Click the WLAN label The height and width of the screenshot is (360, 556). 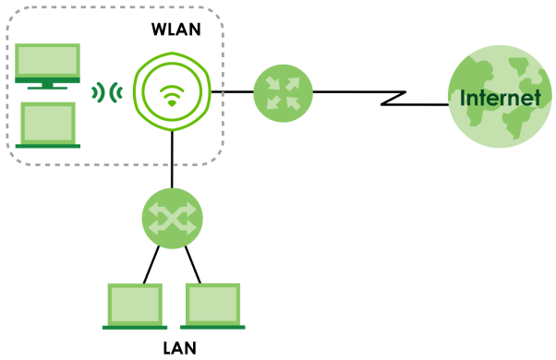[x=176, y=30]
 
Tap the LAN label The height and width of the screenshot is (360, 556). [x=179, y=348]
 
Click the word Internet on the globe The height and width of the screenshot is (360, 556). [x=501, y=98]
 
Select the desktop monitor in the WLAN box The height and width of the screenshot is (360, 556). [x=47, y=66]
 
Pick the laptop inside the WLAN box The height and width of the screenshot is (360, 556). [x=48, y=126]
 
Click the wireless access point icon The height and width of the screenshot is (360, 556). [x=172, y=91]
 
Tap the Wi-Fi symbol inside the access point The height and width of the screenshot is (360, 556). [x=172, y=96]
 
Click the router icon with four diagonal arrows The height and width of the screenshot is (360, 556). [x=283, y=93]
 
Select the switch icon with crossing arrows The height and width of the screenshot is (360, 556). [x=173, y=218]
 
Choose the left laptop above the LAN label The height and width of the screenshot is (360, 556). [x=135, y=306]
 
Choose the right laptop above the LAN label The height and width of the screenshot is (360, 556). [x=212, y=306]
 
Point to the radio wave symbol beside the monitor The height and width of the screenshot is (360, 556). [x=107, y=93]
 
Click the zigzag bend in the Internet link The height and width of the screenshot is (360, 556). [x=393, y=98]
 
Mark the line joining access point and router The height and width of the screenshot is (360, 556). [x=232, y=91]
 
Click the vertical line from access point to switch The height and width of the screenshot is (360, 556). [x=172, y=160]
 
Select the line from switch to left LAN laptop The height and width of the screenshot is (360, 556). [x=151, y=264]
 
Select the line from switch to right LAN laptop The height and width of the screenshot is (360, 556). [x=193, y=264]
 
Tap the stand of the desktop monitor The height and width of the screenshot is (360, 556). [x=47, y=86]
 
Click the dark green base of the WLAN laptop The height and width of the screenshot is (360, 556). [x=48, y=146]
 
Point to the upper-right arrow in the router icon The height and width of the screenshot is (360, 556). [x=293, y=84]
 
